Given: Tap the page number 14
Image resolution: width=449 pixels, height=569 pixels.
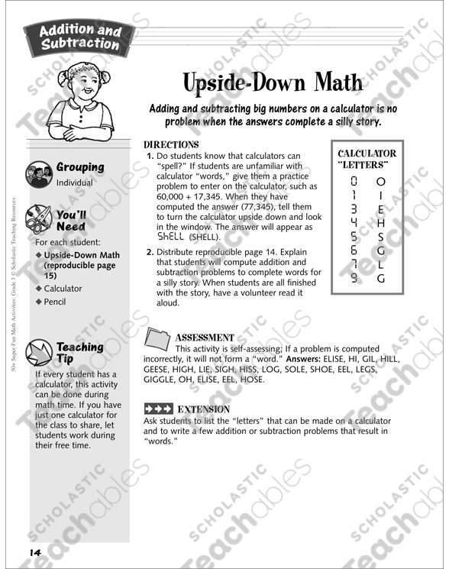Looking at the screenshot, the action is (x=35, y=552).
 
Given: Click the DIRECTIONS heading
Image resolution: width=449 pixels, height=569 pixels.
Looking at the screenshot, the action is (x=171, y=144).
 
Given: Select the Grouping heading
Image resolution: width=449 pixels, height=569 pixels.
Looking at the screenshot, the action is (x=80, y=167).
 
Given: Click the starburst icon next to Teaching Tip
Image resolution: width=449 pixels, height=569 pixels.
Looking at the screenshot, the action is (x=39, y=352).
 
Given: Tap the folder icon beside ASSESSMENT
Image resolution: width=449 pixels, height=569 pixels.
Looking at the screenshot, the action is (x=157, y=341).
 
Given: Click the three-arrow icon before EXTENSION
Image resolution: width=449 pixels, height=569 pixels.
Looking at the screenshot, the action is (x=158, y=408).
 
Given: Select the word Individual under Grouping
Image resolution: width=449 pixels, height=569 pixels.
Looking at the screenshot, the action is (x=75, y=183).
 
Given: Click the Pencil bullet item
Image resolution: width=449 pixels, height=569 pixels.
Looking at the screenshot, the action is (x=55, y=302).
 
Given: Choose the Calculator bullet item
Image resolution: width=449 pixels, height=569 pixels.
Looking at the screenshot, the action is (x=63, y=289).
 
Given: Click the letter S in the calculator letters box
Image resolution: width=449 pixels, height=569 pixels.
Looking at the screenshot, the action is (x=381, y=237).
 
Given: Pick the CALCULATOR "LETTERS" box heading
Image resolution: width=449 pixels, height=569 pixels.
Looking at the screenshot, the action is (x=367, y=159).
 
